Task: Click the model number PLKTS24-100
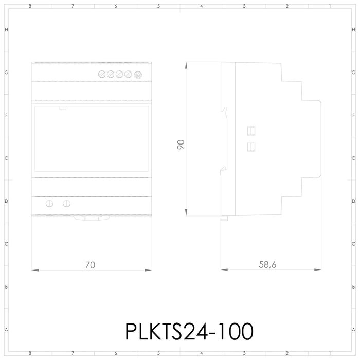click(x=189, y=331)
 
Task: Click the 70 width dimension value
click(x=90, y=265)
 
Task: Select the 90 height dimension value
click(x=181, y=145)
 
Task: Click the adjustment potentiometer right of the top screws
click(x=138, y=75)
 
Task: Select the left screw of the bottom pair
click(x=49, y=204)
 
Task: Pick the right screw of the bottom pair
click(x=66, y=204)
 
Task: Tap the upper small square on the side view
click(x=251, y=130)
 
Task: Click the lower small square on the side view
click(x=251, y=147)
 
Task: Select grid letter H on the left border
click(x=6, y=30)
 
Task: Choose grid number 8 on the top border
click(x=30, y=6)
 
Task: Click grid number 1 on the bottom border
click(x=330, y=353)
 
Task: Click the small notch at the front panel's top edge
click(x=62, y=107)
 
